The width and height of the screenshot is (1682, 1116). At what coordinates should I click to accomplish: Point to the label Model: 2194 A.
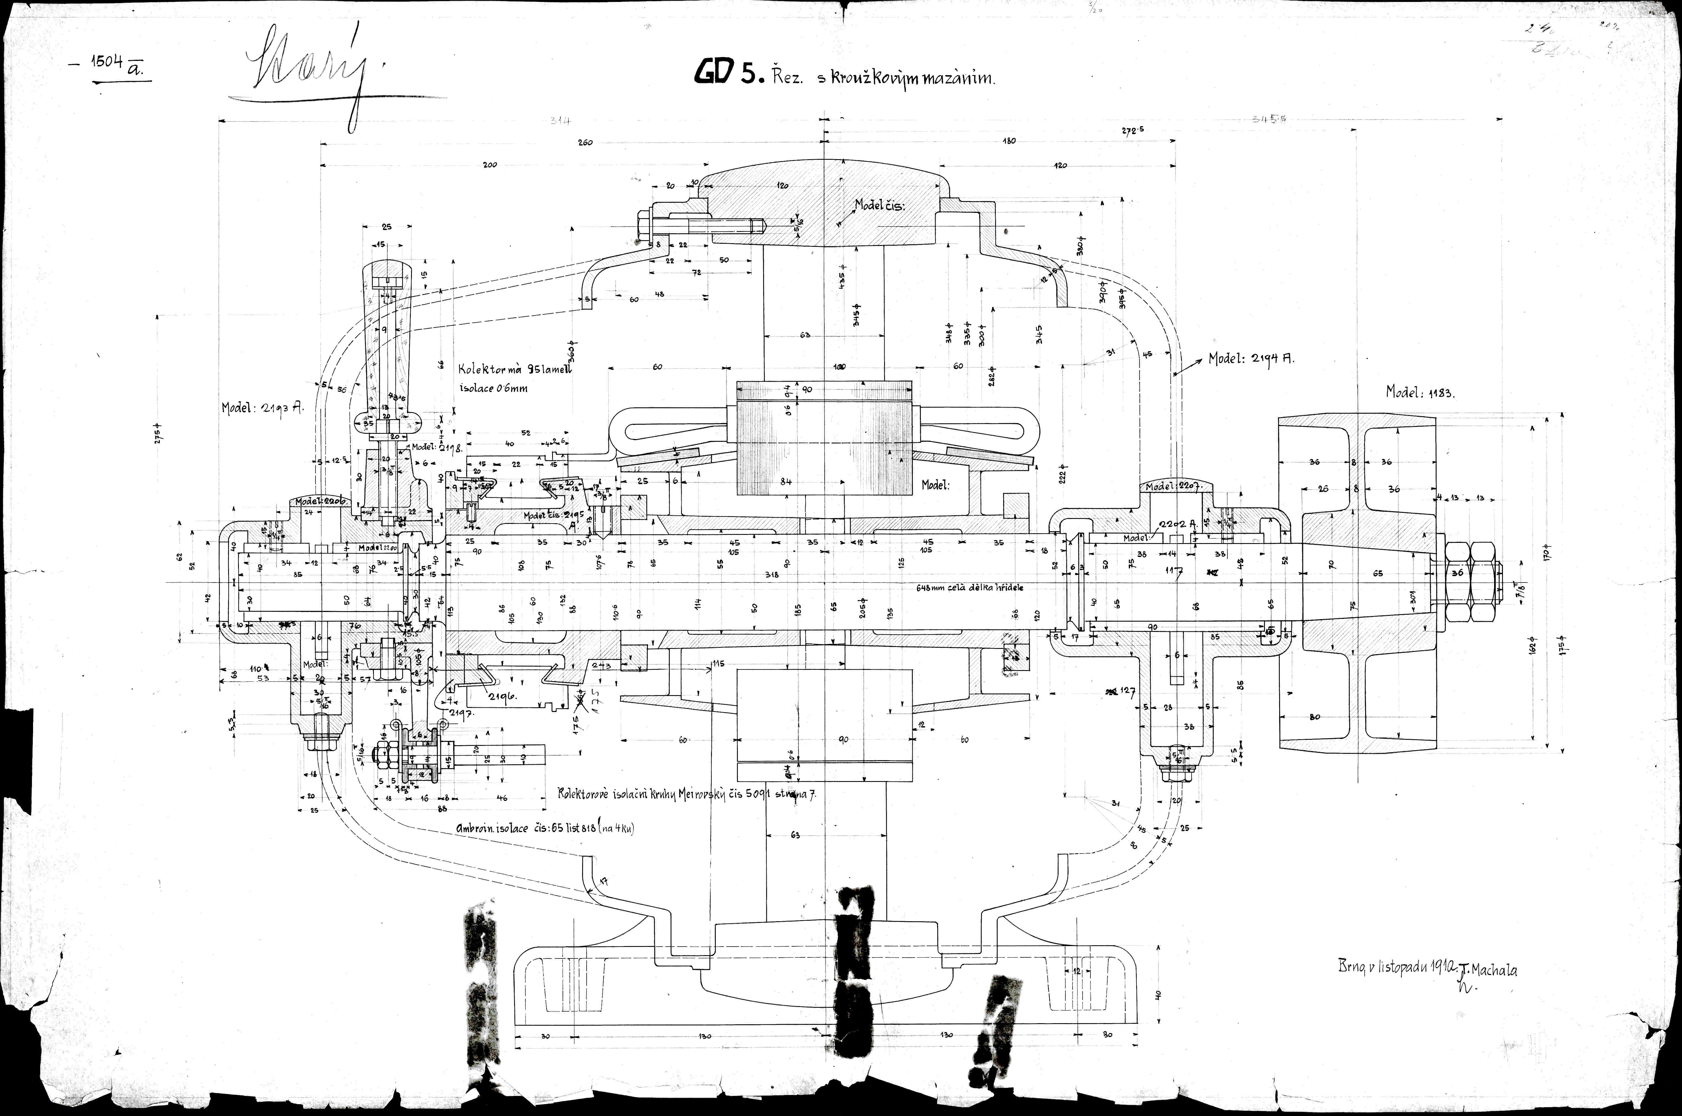[1251, 359]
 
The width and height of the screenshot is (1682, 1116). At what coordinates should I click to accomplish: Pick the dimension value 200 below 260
[490, 165]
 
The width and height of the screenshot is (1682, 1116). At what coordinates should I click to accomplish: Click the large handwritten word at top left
[306, 75]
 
